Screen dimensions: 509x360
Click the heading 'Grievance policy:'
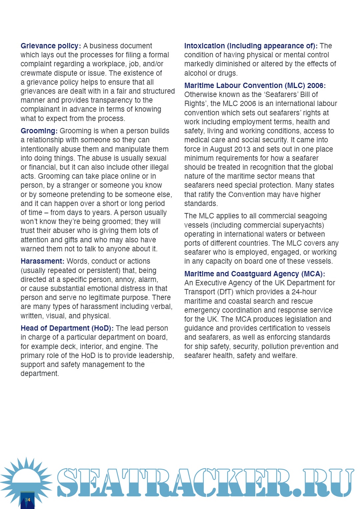click(x=51, y=46)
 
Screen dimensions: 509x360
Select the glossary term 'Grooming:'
click(x=39, y=131)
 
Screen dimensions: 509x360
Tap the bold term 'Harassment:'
click(x=42, y=261)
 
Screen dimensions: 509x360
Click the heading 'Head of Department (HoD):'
click(x=67, y=328)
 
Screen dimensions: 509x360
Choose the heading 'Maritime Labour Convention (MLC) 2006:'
click(x=255, y=86)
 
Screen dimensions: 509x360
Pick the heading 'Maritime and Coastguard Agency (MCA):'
click(x=254, y=274)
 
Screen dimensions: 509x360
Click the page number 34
click(x=27, y=500)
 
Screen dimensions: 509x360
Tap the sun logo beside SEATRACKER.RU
click(x=26, y=480)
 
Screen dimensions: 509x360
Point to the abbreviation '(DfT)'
click(x=225, y=292)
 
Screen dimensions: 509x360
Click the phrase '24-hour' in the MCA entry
click(x=304, y=292)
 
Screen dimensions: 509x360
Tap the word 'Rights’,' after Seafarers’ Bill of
click(x=196, y=104)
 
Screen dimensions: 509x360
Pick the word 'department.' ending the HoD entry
click(x=40, y=374)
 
